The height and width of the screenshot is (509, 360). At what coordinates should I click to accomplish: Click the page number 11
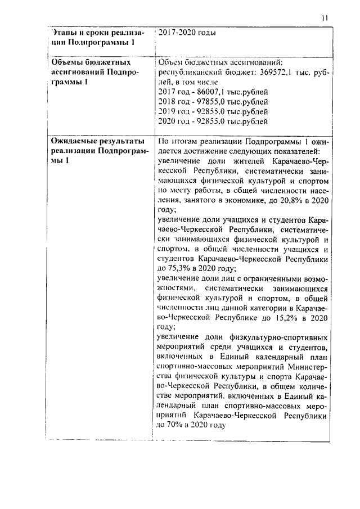pyautogui.click(x=325, y=18)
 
